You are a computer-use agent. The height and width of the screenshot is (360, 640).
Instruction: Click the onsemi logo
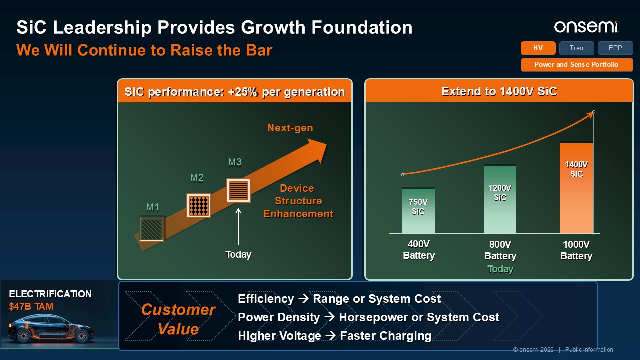click(x=586, y=27)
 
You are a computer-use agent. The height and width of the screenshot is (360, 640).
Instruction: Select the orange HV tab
click(x=538, y=48)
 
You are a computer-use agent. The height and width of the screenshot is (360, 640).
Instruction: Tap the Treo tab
click(x=576, y=48)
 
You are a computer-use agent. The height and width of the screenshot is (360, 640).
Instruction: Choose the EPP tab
click(x=615, y=48)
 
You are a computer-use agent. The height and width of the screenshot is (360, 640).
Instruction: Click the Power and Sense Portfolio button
click(x=577, y=65)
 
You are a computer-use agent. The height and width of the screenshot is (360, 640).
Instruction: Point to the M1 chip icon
click(x=152, y=228)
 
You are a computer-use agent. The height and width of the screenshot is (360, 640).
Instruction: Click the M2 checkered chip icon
click(x=199, y=205)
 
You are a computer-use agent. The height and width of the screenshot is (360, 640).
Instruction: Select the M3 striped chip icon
click(x=238, y=191)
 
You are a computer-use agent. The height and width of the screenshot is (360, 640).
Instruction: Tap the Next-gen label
click(x=290, y=128)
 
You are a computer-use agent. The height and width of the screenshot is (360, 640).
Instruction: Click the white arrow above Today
click(x=238, y=226)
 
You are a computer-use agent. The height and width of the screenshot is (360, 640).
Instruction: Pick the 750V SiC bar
click(x=418, y=211)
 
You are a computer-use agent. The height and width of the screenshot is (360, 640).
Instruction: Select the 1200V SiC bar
click(x=500, y=199)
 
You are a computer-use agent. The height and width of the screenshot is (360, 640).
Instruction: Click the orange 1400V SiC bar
click(x=576, y=188)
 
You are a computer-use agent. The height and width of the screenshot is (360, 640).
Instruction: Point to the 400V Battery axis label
click(x=419, y=250)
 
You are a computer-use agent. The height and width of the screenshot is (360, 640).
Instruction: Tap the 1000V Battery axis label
click(x=576, y=250)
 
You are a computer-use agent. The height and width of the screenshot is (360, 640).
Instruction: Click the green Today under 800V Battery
click(x=500, y=269)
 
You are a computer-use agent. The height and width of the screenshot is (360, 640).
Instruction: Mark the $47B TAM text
click(x=31, y=306)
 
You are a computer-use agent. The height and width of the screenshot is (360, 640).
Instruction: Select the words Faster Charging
click(x=386, y=336)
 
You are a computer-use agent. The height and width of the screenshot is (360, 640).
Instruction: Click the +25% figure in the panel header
click(x=243, y=92)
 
